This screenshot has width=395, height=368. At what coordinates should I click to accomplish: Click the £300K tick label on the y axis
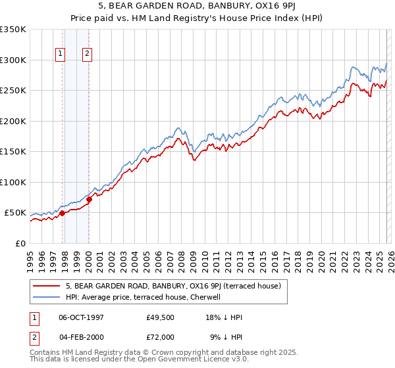coord(13,60)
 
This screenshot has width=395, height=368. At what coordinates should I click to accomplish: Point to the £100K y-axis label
coord(13,182)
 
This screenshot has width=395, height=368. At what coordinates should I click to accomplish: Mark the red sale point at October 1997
coord(62,213)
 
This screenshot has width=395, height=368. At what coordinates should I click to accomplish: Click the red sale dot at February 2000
coord(89,199)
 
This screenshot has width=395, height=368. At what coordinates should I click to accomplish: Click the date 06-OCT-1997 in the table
coord(83,317)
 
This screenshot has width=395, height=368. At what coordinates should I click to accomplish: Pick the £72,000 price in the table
coord(160,336)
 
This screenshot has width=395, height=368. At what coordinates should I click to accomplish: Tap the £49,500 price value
coord(160,317)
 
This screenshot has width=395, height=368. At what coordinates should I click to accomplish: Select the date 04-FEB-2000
coord(83,336)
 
